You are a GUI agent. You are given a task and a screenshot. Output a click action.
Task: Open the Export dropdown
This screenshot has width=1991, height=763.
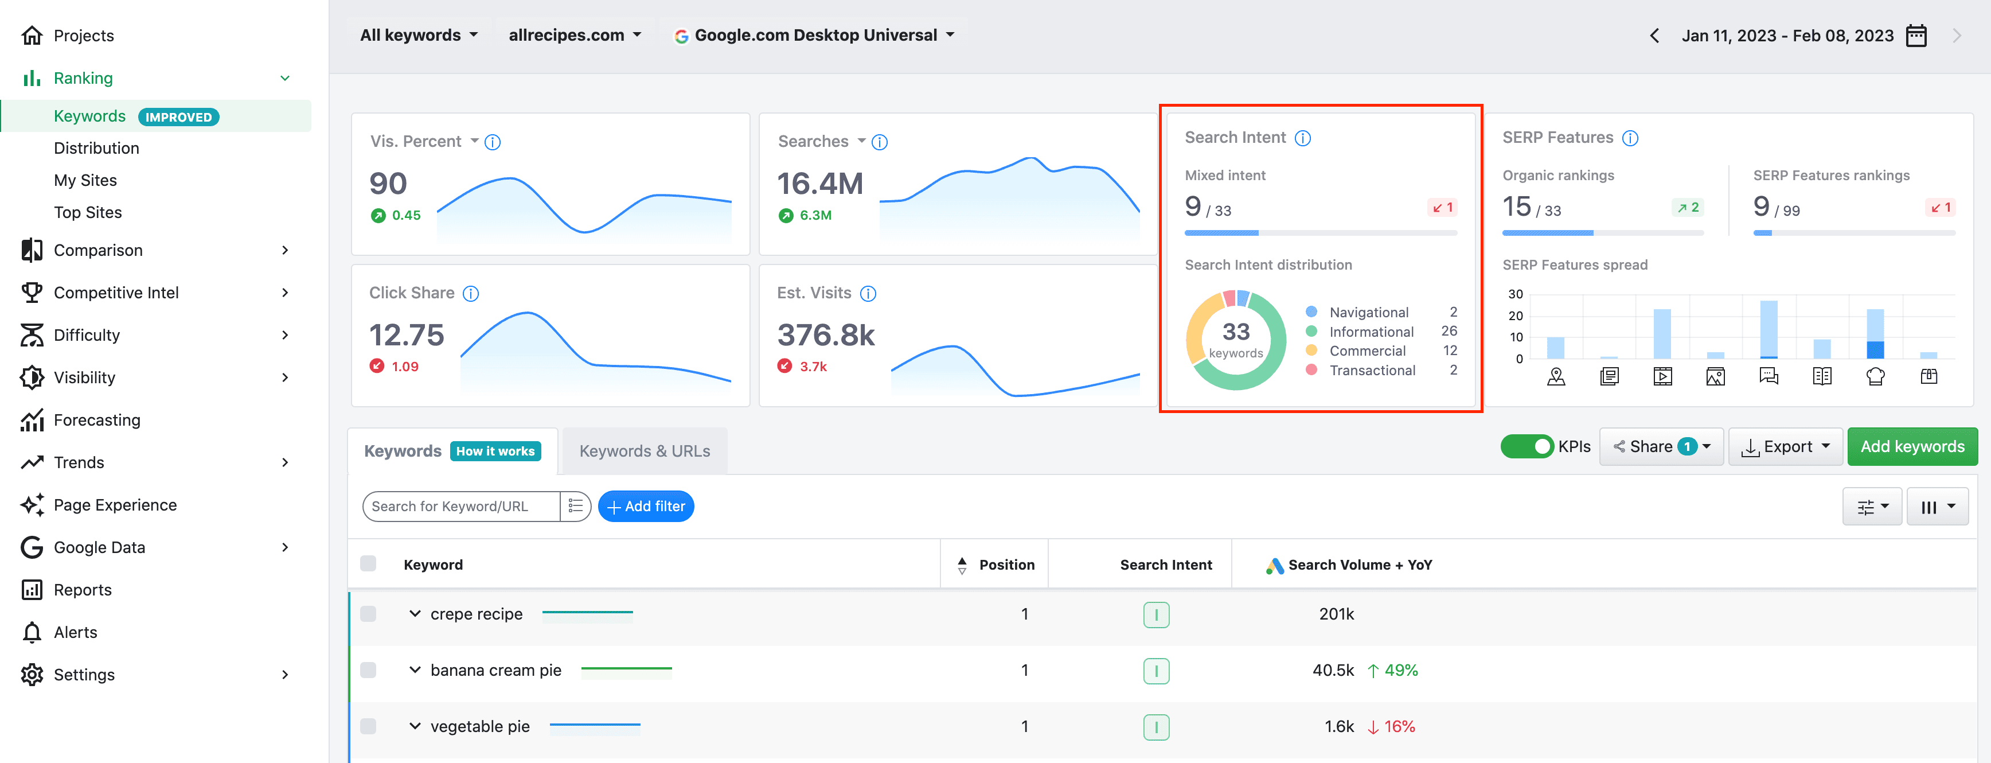tap(1785, 447)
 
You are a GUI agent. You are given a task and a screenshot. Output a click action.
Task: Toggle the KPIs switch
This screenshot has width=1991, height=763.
tap(1527, 447)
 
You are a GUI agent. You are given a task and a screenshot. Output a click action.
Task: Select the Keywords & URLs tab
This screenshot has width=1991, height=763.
tap(645, 451)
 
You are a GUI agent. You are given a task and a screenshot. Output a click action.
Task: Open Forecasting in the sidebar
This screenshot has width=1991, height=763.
tap(96, 420)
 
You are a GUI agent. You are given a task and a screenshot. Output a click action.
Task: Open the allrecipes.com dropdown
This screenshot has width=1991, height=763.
tap(574, 35)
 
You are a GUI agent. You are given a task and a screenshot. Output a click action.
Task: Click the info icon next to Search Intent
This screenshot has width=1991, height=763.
tap(1302, 138)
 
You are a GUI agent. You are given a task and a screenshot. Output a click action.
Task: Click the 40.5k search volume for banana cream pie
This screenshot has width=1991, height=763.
tap(1333, 670)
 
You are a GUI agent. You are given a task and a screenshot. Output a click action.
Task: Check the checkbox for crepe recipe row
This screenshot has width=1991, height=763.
tap(368, 614)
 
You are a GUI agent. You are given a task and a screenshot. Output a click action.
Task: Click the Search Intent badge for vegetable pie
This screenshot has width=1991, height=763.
tap(1156, 727)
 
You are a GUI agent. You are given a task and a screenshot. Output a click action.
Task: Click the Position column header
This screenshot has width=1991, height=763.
tap(1006, 565)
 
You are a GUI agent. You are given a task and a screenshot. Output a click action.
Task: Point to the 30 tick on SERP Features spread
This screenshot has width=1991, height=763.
tap(1515, 294)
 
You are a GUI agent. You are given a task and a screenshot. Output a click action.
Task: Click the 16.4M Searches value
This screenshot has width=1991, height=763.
tap(819, 184)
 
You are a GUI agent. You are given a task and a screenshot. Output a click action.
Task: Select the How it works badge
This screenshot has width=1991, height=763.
tap(495, 451)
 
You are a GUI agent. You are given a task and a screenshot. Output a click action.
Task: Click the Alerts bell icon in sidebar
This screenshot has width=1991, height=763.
tap(32, 632)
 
